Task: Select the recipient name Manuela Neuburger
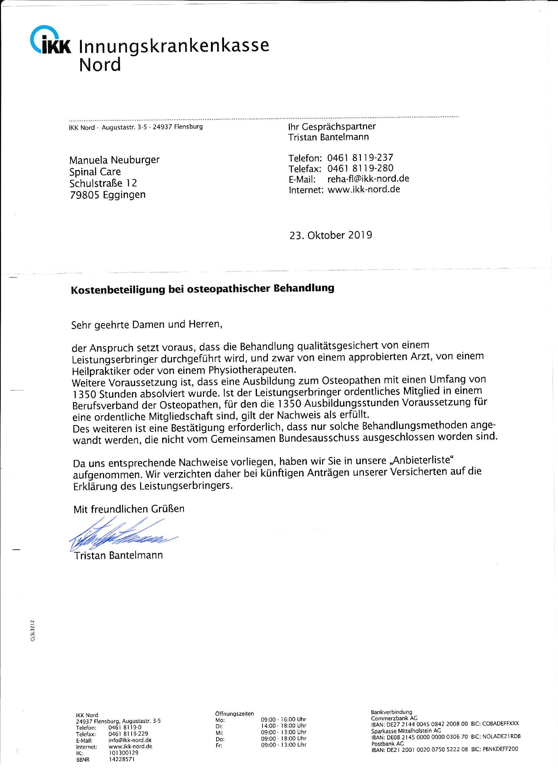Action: click(x=114, y=160)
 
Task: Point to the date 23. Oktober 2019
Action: click(x=330, y=235)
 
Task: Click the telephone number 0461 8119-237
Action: click(x=360, y=158)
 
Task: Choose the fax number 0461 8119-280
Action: click(x=360, y=168)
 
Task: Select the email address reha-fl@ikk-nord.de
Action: click(x=368, y=179)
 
